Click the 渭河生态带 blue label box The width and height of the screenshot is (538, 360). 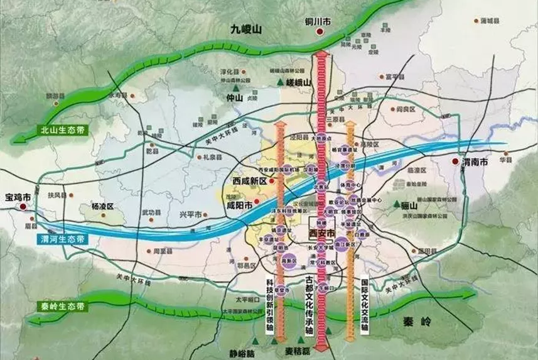click(x=63, y=239)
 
